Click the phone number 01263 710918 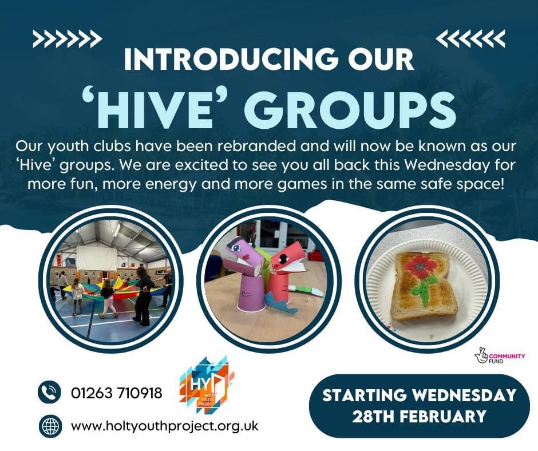tap(117, 393)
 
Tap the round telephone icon tap(49, 392)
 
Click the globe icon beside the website tap(50, 426)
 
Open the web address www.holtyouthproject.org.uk tap(165, 426)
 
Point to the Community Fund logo tap(500, 357)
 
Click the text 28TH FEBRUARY tap(419, 416)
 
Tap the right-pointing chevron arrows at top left tap(68, 38)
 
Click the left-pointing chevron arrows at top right tap(470, 38)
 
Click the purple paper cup tap(250, 293)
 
